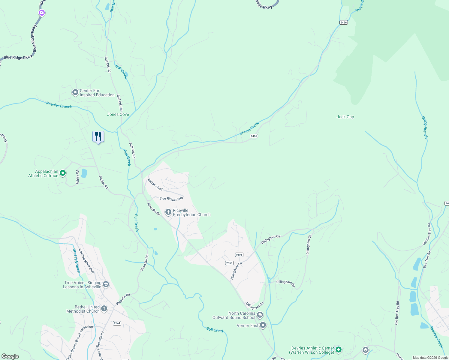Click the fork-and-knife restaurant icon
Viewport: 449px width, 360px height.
tap(98, 136)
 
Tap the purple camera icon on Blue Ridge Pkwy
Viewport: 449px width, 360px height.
tap(42, 13)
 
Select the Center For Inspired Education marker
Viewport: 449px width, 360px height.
tap(75, 93)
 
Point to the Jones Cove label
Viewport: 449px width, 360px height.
tap(118, 114)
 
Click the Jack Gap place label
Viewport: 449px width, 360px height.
tap(345, 117)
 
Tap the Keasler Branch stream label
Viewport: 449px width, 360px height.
tap(59, 105)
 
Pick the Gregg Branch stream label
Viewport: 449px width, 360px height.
tap(425, 127)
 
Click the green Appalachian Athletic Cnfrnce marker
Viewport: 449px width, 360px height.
tap(63, 173)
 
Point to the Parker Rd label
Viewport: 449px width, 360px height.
tap(103, 182)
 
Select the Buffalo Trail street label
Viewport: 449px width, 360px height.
tap(155, 184)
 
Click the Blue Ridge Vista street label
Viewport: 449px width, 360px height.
tap(171, 199)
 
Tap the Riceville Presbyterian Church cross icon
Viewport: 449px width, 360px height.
tap(168, 212)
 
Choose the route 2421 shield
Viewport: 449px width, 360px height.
tap(239, 255)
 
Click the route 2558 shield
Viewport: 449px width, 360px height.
tap(229, 263)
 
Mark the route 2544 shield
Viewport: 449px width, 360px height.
tap(117, 323)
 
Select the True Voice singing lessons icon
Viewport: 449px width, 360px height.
tap(106, 284)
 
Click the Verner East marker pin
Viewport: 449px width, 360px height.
tap(263, 325)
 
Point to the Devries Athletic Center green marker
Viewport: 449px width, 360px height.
tap(339, 349)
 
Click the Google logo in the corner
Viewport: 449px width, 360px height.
tap(10, 356)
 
